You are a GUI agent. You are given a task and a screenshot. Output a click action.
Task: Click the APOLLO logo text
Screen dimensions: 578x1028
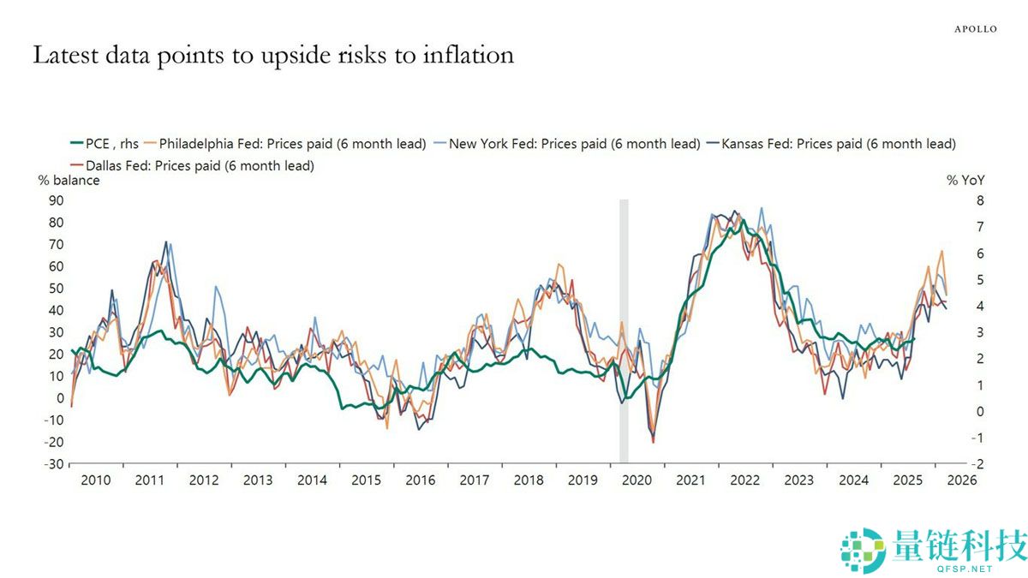pos(976,29)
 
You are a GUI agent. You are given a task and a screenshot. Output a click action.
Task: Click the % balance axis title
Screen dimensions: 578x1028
pos(69,181)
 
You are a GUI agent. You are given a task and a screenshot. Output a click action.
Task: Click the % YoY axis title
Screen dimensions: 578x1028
pos(965,181)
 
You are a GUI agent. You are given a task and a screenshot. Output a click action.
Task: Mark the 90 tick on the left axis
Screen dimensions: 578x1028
pos(57,200)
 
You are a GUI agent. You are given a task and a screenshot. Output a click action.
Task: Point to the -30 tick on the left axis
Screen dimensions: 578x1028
pos(54,464)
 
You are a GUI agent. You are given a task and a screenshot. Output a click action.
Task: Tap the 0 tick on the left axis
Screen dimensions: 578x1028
pos(61,398)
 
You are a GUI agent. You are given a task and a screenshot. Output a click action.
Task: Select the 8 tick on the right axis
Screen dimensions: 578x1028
pos(956,200)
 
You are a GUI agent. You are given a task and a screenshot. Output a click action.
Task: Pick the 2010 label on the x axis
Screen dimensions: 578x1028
pos(95,481)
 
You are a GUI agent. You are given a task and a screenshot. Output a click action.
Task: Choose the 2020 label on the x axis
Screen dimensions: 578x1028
pos(637,481)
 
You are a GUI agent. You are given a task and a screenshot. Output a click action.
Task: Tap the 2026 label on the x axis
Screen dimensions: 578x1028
pos(961,481)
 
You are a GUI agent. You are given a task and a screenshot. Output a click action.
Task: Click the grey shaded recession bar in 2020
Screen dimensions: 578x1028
pos(624,334)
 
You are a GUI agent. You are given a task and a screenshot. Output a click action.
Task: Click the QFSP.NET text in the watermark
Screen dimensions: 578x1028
pos(966,568)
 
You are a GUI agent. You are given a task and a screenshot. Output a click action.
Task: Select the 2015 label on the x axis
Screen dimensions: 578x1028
pos(366,481)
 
